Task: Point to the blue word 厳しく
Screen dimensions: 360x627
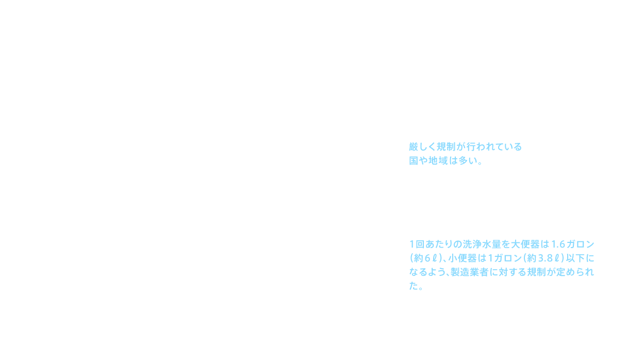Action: pos(421,146)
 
